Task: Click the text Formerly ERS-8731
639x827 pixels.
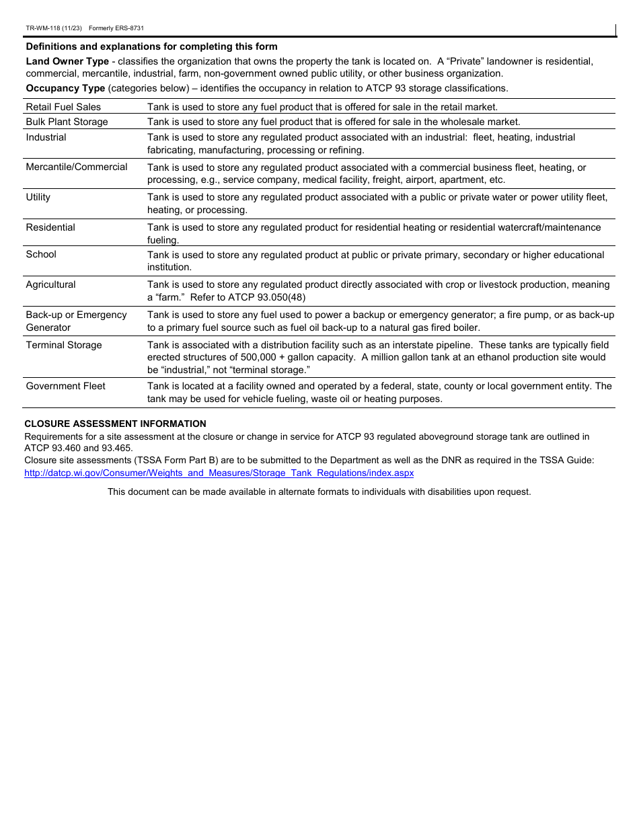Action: tap(116, 28)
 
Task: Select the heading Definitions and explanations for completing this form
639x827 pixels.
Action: tap(151, 46)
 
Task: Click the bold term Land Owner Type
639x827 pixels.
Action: tap(67, 61)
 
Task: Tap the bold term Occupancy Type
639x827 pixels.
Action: tap(65, 88)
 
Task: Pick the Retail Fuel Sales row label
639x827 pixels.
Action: tap(63, 107)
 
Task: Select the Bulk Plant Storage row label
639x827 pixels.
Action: tap(67, 122)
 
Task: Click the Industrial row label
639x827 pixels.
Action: tap(46, 137)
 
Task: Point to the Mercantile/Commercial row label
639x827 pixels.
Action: tap(77, 167)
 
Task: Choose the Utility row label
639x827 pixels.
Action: tap(38, 197)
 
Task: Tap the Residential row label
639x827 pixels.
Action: tap(50, 227)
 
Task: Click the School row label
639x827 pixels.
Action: tap(41, 254)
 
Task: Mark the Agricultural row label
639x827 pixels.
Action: tap(50, 284)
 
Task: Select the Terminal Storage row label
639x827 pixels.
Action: tap(64, 345)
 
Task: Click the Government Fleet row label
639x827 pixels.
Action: tap(65, 386)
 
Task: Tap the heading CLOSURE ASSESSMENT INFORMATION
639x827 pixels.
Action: tap(115, 424)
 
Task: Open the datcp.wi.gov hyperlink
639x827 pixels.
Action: tap(219, 473)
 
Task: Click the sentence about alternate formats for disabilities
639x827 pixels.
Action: tap(319, 491)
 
